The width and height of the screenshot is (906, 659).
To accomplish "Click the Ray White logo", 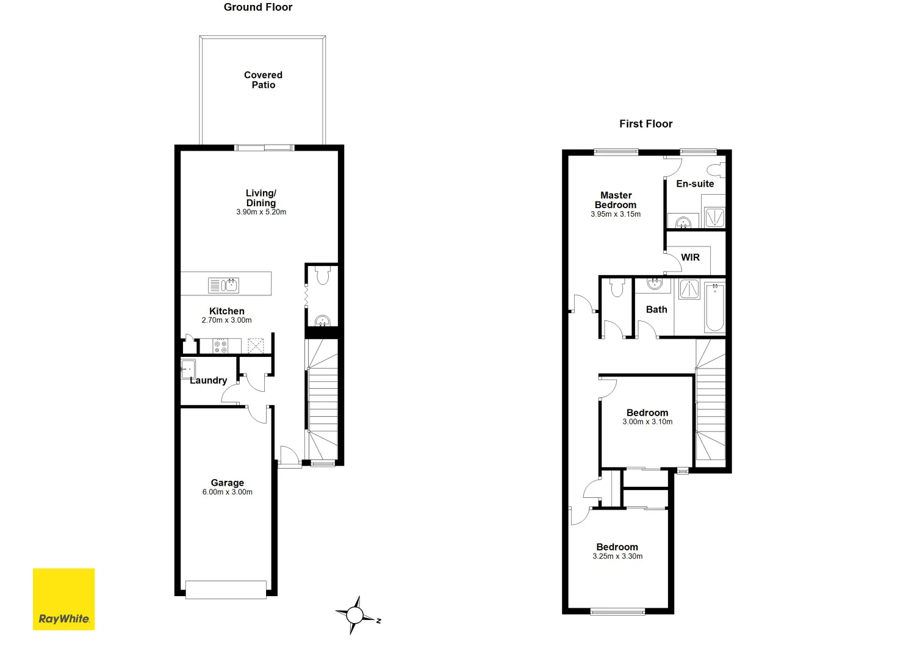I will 63,599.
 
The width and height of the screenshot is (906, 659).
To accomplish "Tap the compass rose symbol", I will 356,615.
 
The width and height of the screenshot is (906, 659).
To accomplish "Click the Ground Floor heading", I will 258,7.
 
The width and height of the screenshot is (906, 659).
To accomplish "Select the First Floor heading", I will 645,124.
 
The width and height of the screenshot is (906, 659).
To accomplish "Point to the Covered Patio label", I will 263,80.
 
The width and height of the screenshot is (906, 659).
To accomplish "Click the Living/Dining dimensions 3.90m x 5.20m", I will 261,212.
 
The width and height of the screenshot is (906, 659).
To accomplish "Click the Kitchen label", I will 226,311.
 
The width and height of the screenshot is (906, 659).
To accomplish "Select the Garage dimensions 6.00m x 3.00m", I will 228,492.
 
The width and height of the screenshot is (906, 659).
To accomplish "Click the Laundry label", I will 209,380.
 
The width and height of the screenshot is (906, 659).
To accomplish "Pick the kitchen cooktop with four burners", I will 220,347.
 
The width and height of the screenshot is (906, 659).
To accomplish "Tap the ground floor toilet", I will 323,276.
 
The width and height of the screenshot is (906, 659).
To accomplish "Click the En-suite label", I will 695,184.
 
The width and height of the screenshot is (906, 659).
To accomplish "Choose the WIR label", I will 690,257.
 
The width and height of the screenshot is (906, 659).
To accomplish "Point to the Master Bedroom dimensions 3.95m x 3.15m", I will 616,214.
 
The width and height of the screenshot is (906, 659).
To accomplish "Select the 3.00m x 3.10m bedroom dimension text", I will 647,422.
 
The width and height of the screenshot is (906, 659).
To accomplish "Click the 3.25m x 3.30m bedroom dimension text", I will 617,556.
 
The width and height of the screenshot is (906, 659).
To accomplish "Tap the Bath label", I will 656,309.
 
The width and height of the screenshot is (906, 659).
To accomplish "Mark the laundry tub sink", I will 188,369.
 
